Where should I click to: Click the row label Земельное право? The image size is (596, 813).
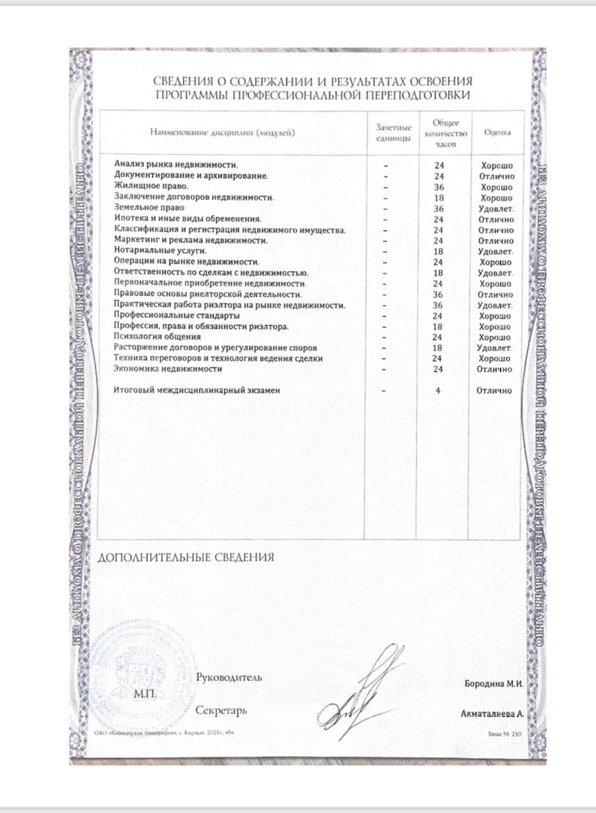coord(149,208)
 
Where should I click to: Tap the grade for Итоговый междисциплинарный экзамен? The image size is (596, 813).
coord(495,391)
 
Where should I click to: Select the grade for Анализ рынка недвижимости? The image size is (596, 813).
coord(497,166)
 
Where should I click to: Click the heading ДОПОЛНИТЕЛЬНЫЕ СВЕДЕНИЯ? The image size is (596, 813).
coord(186,557)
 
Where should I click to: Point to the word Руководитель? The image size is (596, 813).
coord(229,677)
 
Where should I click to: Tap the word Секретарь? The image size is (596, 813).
coord(222,711)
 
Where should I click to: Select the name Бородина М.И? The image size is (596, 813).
coord(493,683)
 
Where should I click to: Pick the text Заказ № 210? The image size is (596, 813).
coord(505,734)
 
